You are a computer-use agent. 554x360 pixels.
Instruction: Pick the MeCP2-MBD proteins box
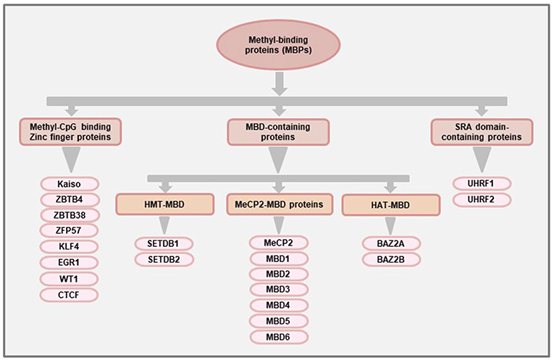(x=278, y=205)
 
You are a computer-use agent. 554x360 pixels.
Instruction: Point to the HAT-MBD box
(x=390, y=205)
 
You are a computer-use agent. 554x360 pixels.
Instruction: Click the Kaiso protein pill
(x=71, y=183)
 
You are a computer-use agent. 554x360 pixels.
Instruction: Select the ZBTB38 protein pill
(x=71, y=215)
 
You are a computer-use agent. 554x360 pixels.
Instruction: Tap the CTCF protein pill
(x=71, y=294)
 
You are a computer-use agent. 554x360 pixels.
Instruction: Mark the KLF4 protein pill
(x=71, y=246)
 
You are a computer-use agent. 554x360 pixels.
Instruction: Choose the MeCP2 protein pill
(x=278, y=242)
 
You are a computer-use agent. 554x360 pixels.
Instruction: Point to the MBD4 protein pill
(x=278, y=306)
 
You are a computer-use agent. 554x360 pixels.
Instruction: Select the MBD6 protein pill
(x=278, y=337)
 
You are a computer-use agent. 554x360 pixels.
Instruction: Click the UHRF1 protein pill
(x=482, y=183)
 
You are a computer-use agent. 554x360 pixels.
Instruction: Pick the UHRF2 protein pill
(x=482, y=199)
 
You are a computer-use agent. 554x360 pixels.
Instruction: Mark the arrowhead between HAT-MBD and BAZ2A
(x=390, y=225)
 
